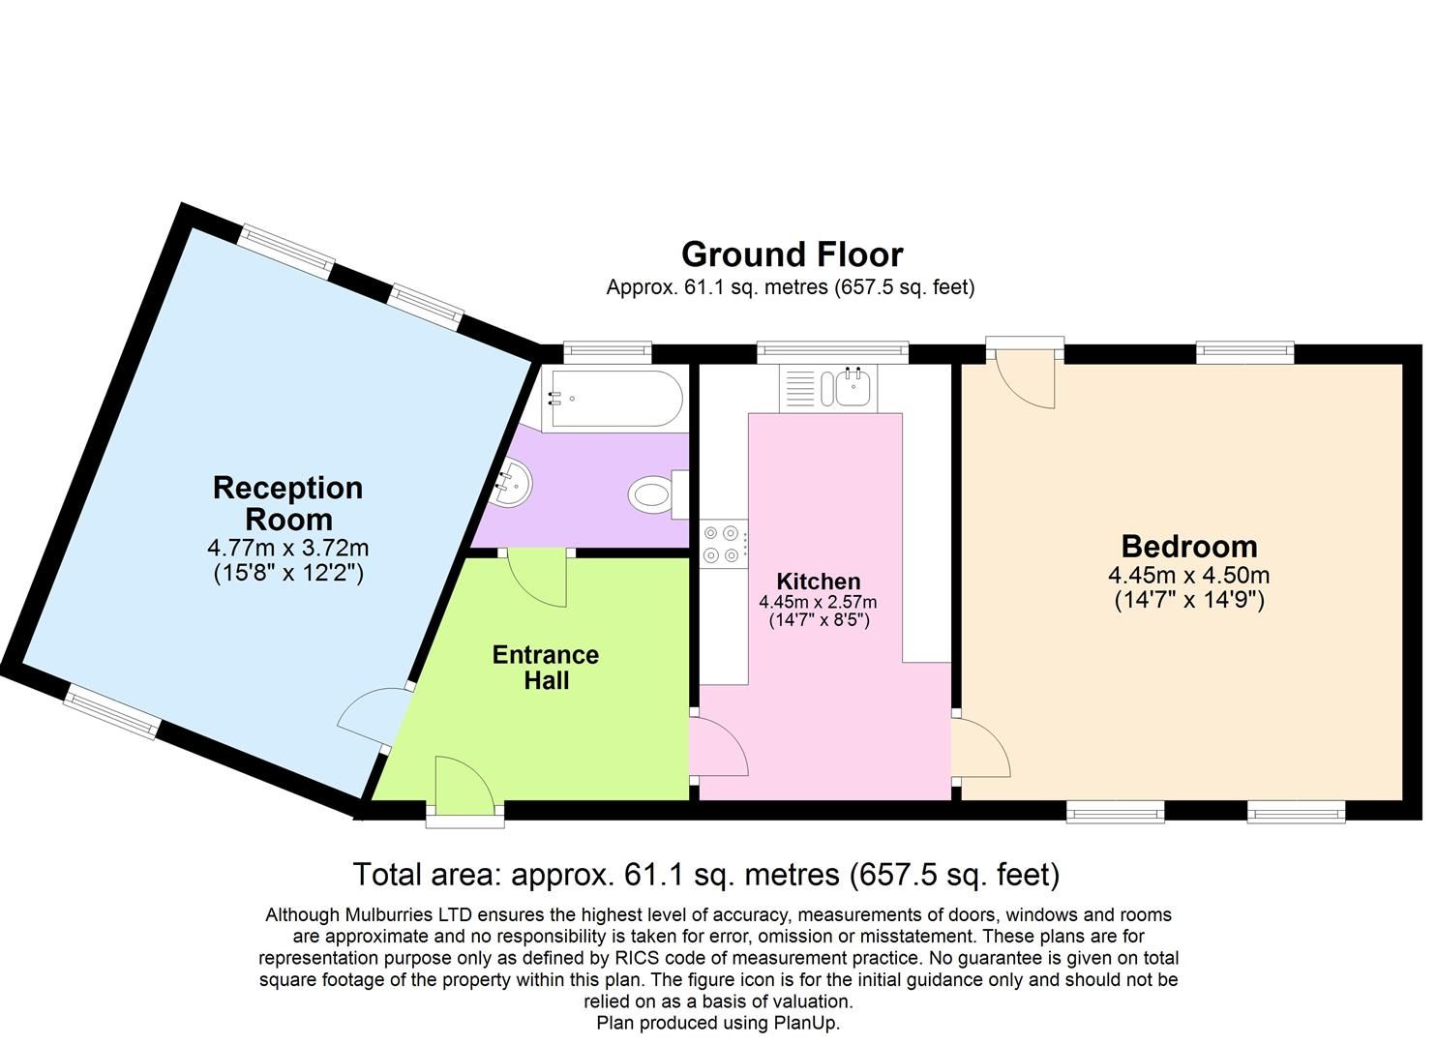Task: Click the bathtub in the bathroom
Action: point(613,398)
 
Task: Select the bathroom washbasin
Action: point(514,480)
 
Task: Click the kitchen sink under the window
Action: point(850,389)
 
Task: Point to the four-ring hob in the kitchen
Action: point(721,543)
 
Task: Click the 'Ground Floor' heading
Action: point(792,254)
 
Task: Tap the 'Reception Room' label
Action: point(287,503)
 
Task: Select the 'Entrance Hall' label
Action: point(546,668)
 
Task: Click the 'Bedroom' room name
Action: point(1188,547)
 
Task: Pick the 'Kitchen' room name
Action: point(818,582)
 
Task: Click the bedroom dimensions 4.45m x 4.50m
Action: point(1188,576)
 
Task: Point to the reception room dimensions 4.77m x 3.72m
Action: point(287,548)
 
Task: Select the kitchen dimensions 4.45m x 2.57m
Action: point(818,602)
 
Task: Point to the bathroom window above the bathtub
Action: point(608,351)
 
